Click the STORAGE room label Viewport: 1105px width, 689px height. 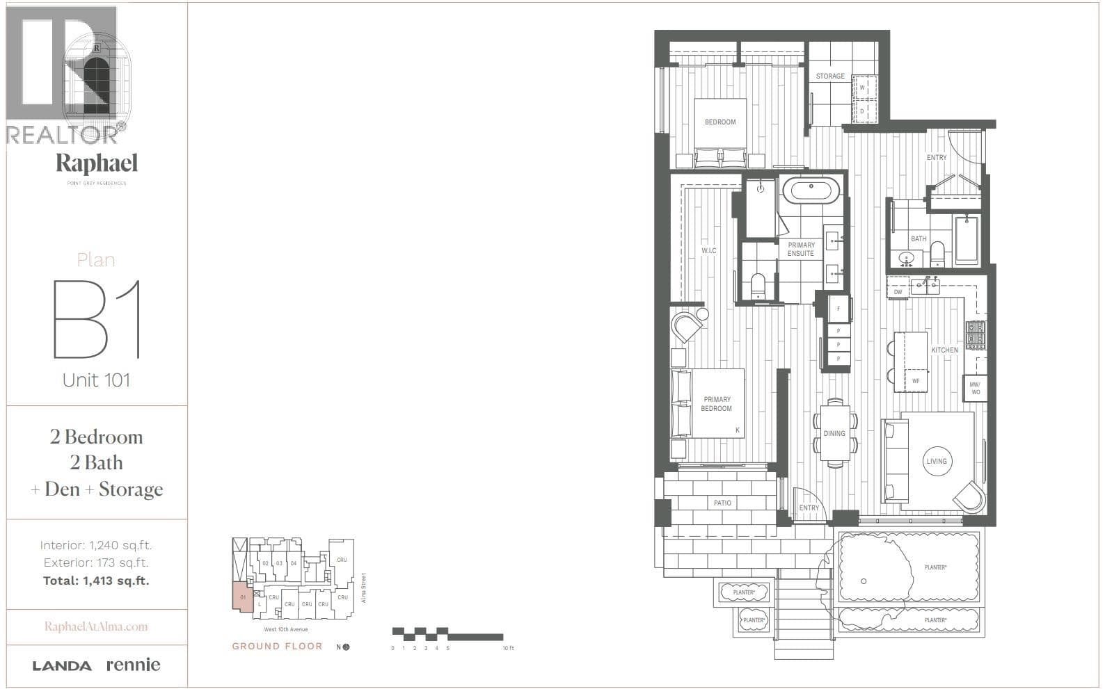830,76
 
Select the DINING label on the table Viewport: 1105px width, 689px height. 834,433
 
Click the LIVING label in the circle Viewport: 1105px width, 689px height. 937,461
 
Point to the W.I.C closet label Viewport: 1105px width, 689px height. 708,251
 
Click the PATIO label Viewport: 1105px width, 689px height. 722,503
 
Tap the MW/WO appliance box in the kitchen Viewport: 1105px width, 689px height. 975,389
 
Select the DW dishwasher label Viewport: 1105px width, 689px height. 898,292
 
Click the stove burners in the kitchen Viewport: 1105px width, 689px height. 976,334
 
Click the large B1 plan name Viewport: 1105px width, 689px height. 97,319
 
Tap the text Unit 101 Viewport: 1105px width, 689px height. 96,380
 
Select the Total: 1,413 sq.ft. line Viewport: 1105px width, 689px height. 96,581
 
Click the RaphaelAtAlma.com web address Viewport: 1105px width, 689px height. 96,626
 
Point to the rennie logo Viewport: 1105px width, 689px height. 133,665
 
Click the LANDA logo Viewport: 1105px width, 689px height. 62,666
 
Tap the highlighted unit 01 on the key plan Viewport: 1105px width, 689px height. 242,597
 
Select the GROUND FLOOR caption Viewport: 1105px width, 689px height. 277,646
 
